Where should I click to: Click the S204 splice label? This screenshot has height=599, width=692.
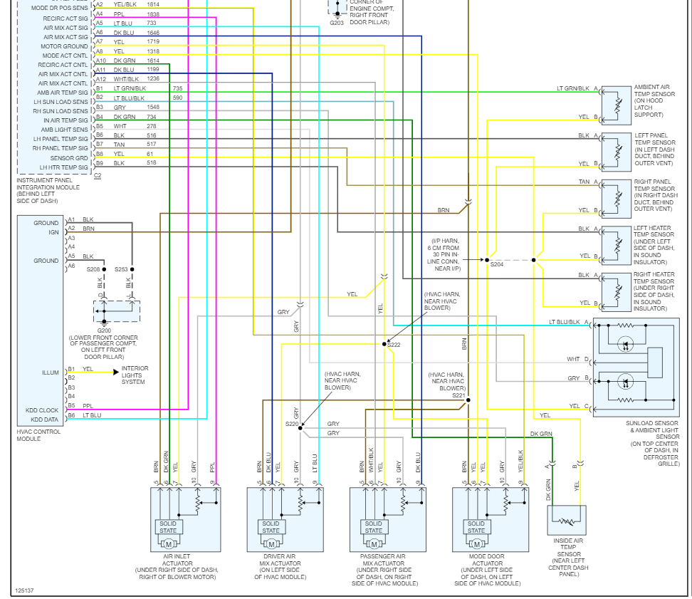(496, 264)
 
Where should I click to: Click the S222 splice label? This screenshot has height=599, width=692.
(394, 345)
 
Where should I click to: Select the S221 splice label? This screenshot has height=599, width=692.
(458, 395)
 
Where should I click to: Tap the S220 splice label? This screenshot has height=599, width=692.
(292, 424)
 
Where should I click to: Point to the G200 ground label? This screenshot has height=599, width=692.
(104, 330)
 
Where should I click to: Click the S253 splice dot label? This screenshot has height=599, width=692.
(121, 269)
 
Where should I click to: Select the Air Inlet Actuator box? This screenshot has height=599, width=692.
(185, 519)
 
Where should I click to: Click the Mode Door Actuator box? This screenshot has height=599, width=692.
(491, 519)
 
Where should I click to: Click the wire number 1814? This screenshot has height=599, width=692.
(153, 4)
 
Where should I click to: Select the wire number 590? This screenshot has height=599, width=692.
(177, 98)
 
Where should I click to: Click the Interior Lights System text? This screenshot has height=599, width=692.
(135, 375)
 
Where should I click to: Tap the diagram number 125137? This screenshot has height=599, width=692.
(24, 590)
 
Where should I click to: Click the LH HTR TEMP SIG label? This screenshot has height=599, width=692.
(64, 167)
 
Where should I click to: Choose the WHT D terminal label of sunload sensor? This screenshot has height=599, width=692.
(577, 359)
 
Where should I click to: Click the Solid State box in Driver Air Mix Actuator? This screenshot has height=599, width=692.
(271, 527)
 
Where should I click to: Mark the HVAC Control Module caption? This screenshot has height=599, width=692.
(39, 434)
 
